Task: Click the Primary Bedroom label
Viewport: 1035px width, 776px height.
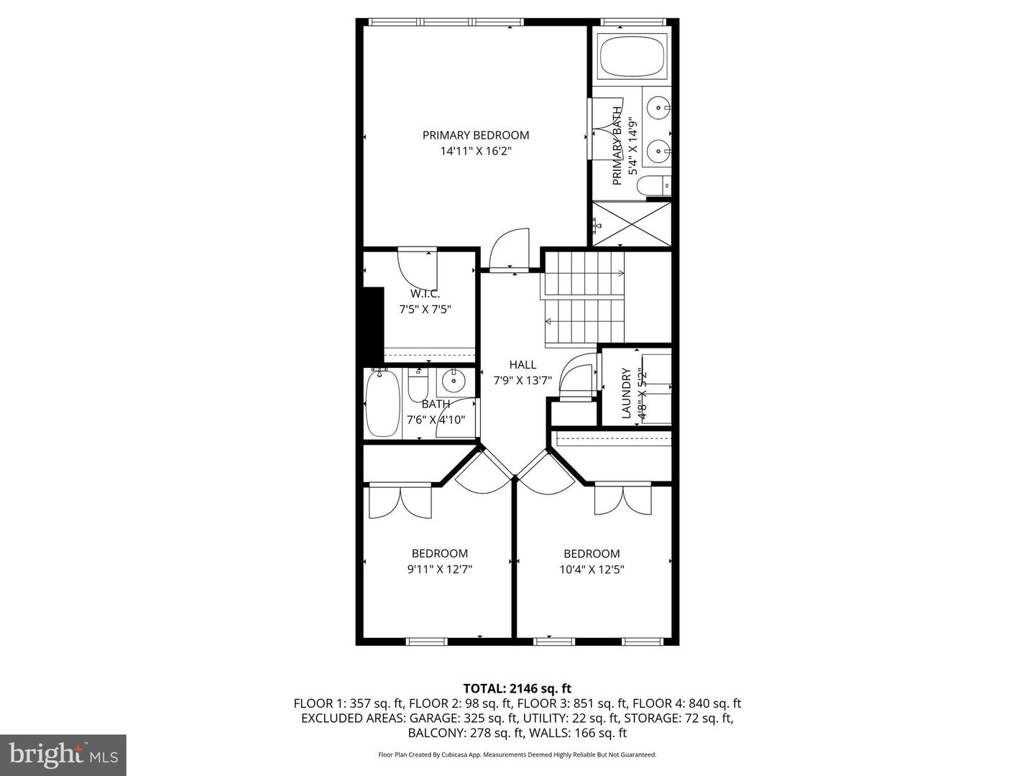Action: [475, 135]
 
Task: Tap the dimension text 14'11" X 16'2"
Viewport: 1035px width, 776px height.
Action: [475, 152]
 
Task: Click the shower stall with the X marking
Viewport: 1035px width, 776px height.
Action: [632, 225]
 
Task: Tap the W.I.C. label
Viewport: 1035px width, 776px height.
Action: [425, 294]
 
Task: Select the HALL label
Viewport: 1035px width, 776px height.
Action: [523, 365]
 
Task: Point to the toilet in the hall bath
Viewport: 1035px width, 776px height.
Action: [417, 387]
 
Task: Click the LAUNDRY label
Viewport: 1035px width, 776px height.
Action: [626, 394]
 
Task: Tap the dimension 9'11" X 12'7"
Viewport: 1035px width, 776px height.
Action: [439, 570]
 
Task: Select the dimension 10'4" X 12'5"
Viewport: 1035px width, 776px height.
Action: [592, 570]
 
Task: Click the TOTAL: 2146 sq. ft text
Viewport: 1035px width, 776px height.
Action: [517, 689]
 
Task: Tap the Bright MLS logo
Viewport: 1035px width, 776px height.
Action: [63, 754]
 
